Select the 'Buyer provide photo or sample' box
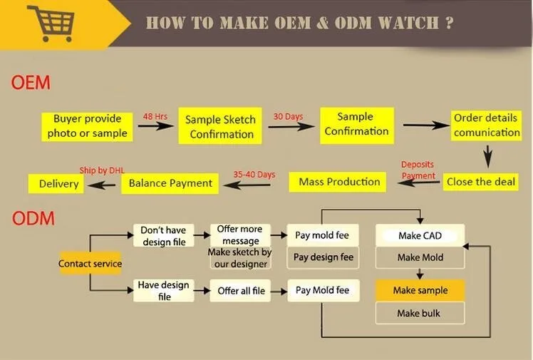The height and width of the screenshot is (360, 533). click(88, 125)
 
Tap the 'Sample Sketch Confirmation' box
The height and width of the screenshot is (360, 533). click(221, 126)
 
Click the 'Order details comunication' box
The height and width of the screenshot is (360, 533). click(487, 125)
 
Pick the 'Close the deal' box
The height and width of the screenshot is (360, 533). click(481, 182)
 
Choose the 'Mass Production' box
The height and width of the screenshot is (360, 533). click(339, 182)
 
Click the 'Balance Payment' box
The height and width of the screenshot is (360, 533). click(171, 183)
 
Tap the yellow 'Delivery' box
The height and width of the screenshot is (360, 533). click(58, 184)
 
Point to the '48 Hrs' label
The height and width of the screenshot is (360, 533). click(155, 115)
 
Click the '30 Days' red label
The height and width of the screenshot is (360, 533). click(288, 116)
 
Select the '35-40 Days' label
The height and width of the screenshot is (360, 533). click(254, 174)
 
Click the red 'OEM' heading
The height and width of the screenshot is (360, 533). click(31, 83)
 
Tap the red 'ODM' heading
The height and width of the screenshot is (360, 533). click(33, 218)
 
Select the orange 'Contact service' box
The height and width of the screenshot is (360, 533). click(90, 264)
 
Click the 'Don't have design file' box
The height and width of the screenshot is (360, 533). click(163, 236)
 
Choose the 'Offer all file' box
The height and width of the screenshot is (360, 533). click(241, 291)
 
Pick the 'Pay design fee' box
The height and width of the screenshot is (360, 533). click(322, 257)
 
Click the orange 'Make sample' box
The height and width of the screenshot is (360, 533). click(420, 290)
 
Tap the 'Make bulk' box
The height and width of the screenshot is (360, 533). click(419, 313)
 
